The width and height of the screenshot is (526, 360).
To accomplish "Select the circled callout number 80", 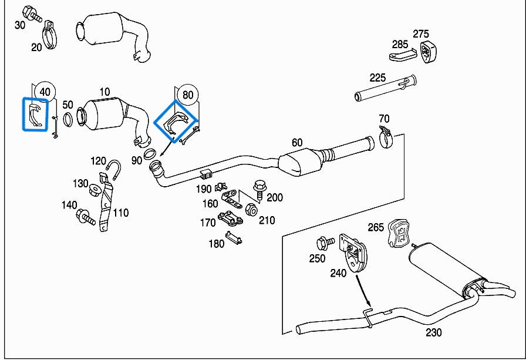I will [188, 94].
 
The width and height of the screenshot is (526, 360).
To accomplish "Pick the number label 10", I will [104, 92].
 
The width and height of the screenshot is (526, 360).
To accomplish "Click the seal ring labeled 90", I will [150, 154].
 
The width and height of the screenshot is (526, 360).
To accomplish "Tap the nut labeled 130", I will [95, 191].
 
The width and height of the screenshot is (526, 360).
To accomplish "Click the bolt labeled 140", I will [86, 217].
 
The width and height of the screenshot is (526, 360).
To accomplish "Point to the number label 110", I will [121, 213].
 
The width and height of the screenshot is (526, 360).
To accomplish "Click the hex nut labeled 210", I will [250, 209].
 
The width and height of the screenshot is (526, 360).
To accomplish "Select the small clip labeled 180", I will [234, 238].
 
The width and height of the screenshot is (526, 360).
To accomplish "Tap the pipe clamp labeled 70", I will [386, 137].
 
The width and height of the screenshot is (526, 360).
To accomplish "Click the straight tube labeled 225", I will [385, 88].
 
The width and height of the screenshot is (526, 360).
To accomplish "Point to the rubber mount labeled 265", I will [399, 234].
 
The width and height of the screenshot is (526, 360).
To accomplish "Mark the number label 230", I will [434, 332].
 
